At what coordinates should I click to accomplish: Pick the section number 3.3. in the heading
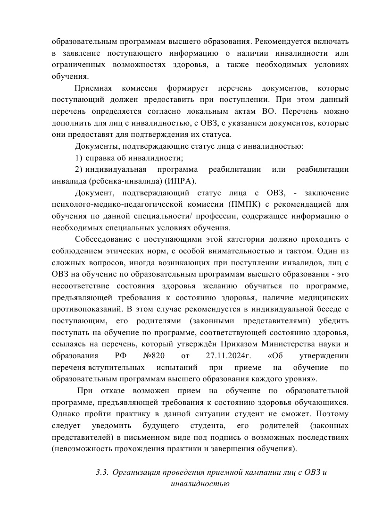(103, 472)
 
